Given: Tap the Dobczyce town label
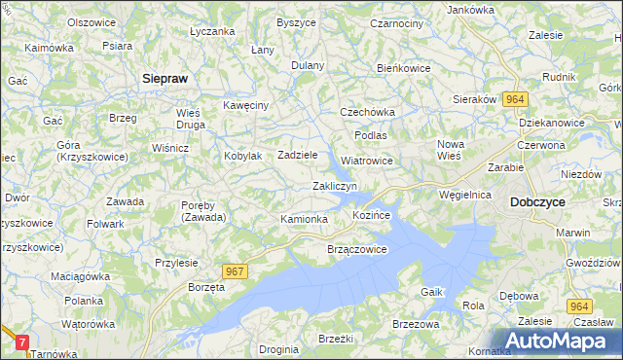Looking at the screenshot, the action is pyautogui.click(x=536, y=202).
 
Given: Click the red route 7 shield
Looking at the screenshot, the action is pyautogui.click(x=23, y=342).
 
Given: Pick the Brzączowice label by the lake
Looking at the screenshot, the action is pyautogui.click(x=356, y=249).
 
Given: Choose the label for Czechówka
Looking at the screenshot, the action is pyautogui.click(x=366, y=112).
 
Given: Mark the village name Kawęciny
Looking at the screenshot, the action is pyautogui.click(x=245, y=104).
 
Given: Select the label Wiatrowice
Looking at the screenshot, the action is pyautogui.click(x=367, y=161).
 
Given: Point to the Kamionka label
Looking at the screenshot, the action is pyautogui.click(x=304, y=219).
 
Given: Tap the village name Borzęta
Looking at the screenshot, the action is pyautogui.click(x=206, y=289).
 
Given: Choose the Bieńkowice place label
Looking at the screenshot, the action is pyautogui.click(x=403, y=69).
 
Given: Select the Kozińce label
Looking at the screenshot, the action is pyautogui.click(x=371, y=213).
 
